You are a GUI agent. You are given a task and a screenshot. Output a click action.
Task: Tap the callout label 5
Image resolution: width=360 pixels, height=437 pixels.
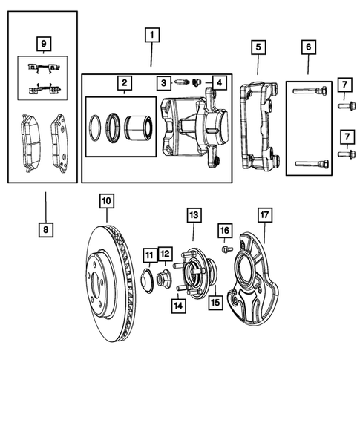point(258,48)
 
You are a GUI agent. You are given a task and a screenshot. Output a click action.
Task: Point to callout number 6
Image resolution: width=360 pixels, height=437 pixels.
point(308,48)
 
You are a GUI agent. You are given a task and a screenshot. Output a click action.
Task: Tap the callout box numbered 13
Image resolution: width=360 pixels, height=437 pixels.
point(193,215)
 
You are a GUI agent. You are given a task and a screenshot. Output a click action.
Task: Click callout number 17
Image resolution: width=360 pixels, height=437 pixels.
point(264,216)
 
